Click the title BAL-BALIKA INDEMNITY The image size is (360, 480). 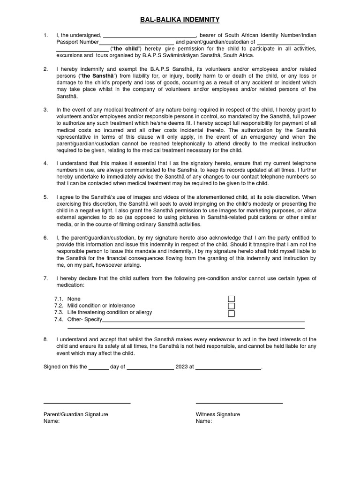[180, 20]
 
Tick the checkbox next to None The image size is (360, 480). [231, 299]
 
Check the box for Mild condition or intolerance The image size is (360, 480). [231, 306]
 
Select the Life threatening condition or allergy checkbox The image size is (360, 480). [231, 313]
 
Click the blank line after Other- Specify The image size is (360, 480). [203, 321]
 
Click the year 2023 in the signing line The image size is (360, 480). [181, 367]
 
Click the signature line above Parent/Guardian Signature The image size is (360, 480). [87, 403]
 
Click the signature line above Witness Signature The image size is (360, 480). [239, 403]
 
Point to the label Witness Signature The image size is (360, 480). [217, 414]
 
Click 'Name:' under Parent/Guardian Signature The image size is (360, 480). [52, 421]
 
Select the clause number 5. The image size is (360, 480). [45, 197]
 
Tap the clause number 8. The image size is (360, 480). [45, 339]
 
